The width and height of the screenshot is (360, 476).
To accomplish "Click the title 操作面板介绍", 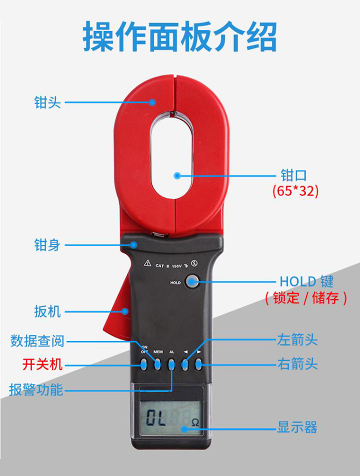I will pyautogui.click(x=180, y=37).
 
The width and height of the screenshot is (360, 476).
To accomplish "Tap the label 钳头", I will pyautogui.click(x=48, y=102).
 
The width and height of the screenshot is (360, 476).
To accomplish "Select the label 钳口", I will pyautogui.click(x=293, y=175).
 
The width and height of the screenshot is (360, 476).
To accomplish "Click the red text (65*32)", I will pyautogui.click(x=295, y=191).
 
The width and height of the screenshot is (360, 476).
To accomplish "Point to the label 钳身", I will pyautogui.click(x=48, y=245).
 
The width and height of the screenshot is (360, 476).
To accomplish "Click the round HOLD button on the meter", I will pyautogui.click(x=192, y=282).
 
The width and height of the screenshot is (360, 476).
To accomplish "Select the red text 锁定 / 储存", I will pyautogui.click(x=305, y=298).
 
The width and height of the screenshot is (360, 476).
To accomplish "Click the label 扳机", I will pyautogui.click(x=48, y=311).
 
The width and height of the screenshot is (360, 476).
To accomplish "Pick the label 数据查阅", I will pyautogui.click(x=37, y=341).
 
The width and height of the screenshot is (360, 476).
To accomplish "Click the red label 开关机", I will pyautogui.click(x=42, y=365).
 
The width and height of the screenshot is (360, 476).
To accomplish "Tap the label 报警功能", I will pyautogui.click(x=36, y=389).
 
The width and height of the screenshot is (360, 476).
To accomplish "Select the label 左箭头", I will pyautogui.click(x=298, y=340).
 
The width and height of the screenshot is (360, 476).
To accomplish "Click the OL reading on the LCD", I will pyautogui.click(x=156, y=418).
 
